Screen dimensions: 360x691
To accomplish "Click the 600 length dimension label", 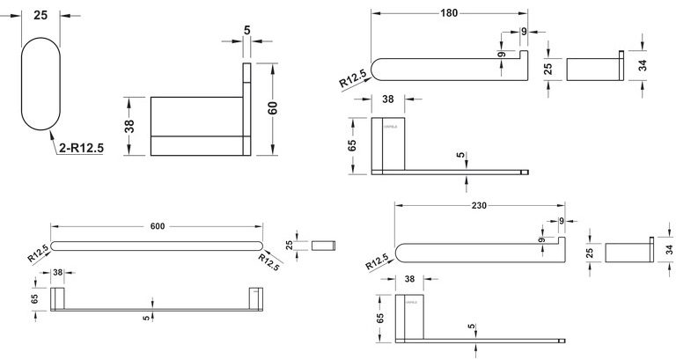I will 158,227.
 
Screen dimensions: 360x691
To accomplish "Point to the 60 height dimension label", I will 273,108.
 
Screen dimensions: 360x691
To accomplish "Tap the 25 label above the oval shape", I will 40,15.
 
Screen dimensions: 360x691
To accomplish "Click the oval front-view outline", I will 40,84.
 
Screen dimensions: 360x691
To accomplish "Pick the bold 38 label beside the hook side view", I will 130,127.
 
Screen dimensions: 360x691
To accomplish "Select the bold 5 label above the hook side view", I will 247,31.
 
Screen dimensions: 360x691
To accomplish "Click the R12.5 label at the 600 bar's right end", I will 269,261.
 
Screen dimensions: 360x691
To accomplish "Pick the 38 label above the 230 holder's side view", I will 408,280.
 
